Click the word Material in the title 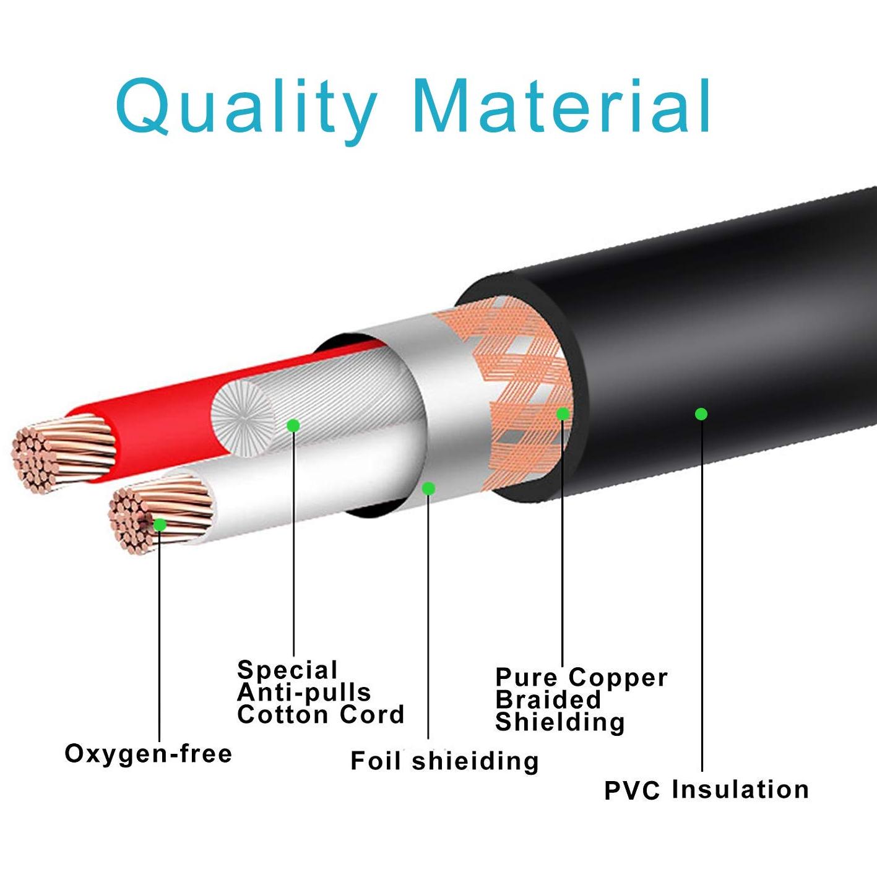(x=561, y=105)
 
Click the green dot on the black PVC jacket (x=701, y=413)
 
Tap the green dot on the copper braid (x=563, y=413)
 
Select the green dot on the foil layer (x=428, y=488)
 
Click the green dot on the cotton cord (x=293, y=426)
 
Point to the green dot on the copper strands (x=160, y=525)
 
